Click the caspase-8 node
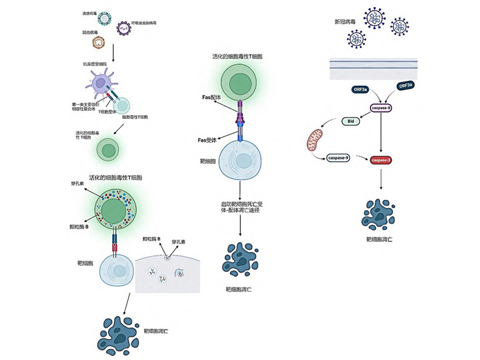tap(382, 107)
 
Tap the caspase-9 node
tap(338, 158)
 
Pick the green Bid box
tap(352, 121)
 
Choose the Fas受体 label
tap(208, 140)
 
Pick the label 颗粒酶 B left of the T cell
tap(80, 227)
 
